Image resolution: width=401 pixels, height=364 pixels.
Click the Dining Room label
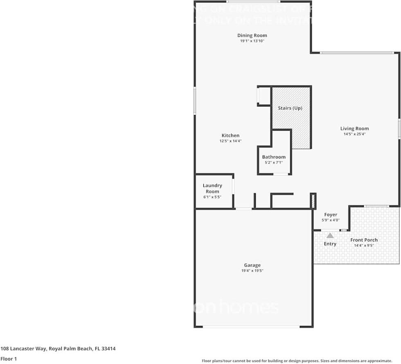[252, 36]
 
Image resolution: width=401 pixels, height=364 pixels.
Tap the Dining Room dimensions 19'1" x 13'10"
[252, 41]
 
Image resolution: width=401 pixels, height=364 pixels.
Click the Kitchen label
[230, 136]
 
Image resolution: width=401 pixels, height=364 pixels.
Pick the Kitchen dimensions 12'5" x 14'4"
[230, 141]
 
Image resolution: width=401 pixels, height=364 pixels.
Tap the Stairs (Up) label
[290, 108]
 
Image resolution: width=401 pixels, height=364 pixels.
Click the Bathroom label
[274, 157]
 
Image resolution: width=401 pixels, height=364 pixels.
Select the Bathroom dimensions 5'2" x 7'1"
[274, 162]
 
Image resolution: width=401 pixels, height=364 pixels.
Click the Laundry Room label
[212, 188]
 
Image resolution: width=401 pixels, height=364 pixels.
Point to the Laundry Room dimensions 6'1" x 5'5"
[212, 197]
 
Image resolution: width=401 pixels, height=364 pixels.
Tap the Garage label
[252, 265]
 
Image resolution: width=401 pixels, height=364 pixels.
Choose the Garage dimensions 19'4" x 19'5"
[252, 271]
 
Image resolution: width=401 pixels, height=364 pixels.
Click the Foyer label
[331, 215]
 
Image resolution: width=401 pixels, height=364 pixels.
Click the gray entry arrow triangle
[330, 235]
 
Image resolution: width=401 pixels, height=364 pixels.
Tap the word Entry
[330, 244]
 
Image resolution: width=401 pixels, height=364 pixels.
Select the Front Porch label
[364, 240]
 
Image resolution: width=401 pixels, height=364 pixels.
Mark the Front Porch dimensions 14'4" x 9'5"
[364, 245]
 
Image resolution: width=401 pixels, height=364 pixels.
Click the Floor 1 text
[9, 359]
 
